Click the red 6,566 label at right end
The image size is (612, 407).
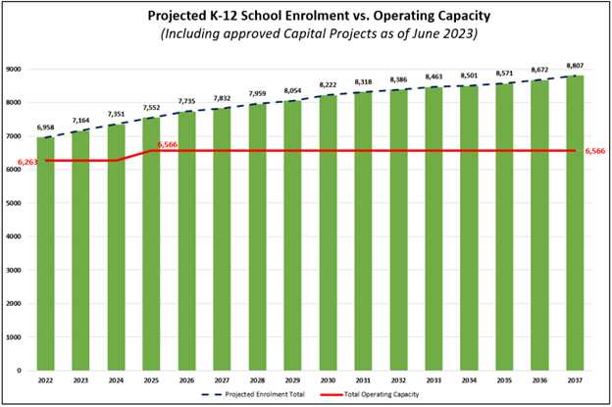point(596,151)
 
